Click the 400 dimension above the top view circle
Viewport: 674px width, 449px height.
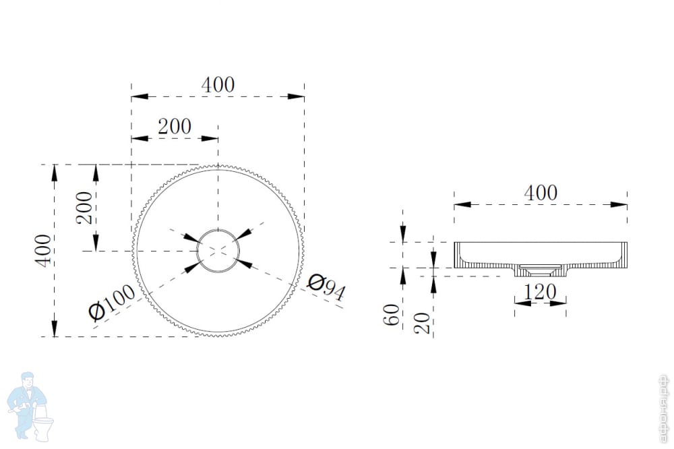218,85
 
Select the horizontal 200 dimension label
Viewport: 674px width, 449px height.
175,127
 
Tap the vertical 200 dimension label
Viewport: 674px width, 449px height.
84,208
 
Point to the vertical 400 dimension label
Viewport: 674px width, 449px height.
43,251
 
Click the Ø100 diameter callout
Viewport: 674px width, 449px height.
112,303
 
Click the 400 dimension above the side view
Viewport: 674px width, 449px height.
541,193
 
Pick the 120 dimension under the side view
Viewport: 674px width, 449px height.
540,293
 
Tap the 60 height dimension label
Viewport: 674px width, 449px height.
392,314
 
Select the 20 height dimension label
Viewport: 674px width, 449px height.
422,322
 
